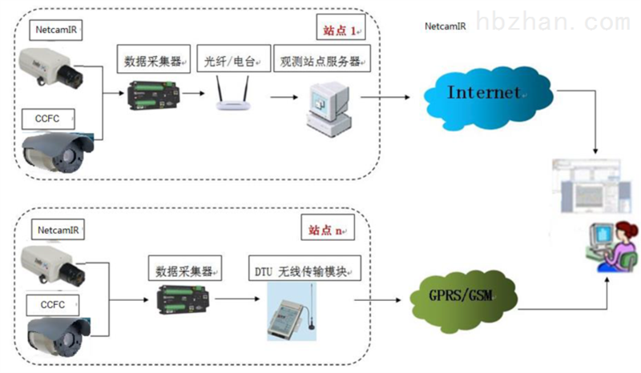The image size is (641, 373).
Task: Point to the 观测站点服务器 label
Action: click(x=322, y=61)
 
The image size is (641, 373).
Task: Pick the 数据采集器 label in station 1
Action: click(x=152, y=61)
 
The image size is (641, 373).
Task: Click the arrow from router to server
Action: click(x=281, y=96)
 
